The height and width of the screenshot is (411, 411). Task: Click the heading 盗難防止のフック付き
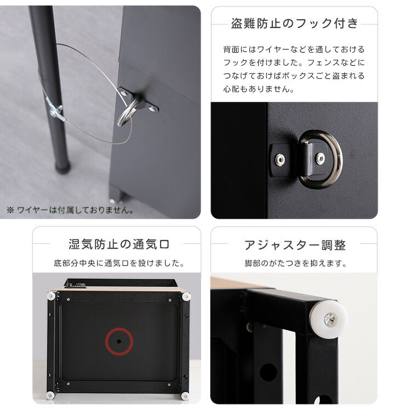[294, 24]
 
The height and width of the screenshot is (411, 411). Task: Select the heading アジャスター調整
[294, 244]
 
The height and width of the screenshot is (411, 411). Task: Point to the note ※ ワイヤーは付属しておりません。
[70, 209]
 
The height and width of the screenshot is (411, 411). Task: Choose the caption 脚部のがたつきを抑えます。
[295, 263]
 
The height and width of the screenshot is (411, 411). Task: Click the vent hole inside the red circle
[119, 341]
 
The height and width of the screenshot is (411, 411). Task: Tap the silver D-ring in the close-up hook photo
[322, 159]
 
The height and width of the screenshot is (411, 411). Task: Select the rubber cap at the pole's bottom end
[63, 167]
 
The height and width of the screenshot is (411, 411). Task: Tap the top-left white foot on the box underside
[51, 296]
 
